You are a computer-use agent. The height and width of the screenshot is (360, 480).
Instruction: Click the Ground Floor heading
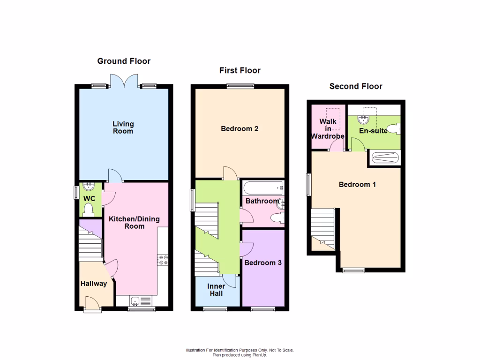pyautogui.click(x=124, y=61)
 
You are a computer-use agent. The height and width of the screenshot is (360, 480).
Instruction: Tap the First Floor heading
pyautogui.click(x=240, y=70)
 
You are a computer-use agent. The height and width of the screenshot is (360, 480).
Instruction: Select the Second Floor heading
pyautogui.click(x=356, y=86)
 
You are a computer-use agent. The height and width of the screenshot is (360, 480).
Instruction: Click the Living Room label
pyautogui.click(x=123, y=127)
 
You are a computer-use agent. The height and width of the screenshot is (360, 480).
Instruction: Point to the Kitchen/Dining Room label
pyautogui.click(x=134, y=223)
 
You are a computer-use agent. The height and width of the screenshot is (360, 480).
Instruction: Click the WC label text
pyautogui.click(x=89, y=199)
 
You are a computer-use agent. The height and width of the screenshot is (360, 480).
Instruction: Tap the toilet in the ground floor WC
pyautogui.click(x=88, y=211)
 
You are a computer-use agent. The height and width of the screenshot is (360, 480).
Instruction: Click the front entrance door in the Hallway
pyautogui.click(x=92, y=305)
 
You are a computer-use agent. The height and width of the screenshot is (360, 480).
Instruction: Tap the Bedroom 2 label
pyautogui.click(x=240, y=128)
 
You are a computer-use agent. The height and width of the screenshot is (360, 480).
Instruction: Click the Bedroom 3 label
pyautogui.click(x=263, y=263)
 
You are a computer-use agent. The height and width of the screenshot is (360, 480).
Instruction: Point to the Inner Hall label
pyautogui.click(x=216, y=289)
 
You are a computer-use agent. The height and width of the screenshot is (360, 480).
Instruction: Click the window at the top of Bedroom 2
pyautogui.click(x=240, y=86)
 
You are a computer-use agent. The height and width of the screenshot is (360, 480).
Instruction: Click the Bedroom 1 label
pyautogui.click(x=357, y=184)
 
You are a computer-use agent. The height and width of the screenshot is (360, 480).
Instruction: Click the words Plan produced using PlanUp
pyautogui.click(x=240, y=354)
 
